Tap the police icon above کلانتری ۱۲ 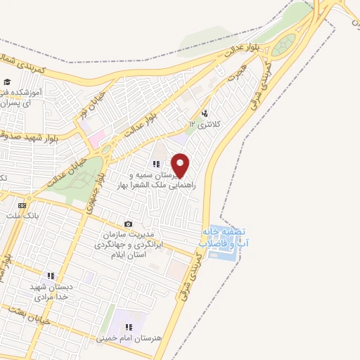point(205,113)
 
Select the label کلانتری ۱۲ point(205,124)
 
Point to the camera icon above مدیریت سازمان point(127,224)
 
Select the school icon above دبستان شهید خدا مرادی point(50,276)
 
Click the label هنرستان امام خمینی point(129,337)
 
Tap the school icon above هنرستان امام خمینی point(129,326)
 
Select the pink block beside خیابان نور point(96,134)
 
